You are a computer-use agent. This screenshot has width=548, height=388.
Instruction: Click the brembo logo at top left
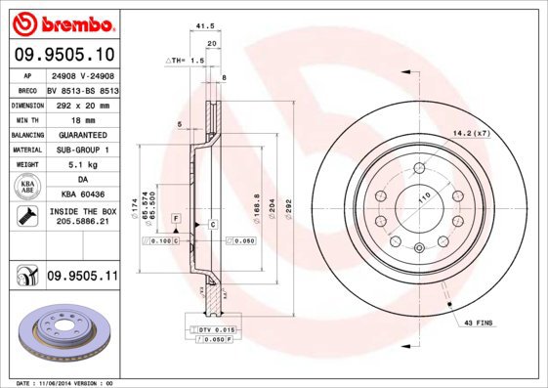[x=63, y=22]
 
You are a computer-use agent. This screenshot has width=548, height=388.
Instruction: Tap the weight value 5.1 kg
[x=81, y=165]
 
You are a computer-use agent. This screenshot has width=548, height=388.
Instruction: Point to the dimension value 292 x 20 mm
[x=81, y=104]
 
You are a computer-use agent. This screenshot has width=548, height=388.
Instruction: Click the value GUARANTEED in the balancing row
[x=81, y=134]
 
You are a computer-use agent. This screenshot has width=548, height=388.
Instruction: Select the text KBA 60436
[x=81, y=195]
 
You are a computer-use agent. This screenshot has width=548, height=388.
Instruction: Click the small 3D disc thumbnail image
[x=61, y=332]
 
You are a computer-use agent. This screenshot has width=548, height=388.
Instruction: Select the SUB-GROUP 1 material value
[x=81, y=150]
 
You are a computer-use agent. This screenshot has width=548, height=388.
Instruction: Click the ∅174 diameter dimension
[x=147, y=207]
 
